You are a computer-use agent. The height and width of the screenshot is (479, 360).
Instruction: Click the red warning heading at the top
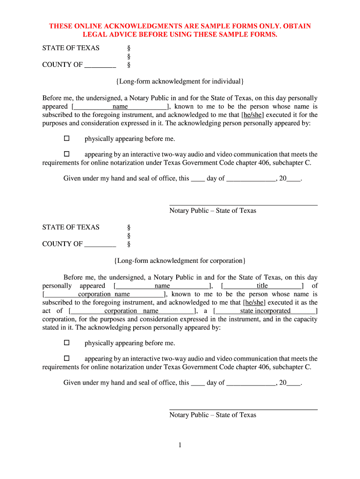[180, 30]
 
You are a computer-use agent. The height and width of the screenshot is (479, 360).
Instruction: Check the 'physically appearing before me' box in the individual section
[66, 138]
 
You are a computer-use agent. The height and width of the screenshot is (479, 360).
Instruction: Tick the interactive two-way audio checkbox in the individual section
[66, 154]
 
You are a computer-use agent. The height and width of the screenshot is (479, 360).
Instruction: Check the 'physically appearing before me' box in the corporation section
[66, 343]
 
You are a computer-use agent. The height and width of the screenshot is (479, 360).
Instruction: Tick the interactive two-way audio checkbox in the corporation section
[66, 358]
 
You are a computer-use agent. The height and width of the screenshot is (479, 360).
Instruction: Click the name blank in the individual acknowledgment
[120, 107]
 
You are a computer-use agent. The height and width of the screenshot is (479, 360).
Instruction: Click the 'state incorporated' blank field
[265, 311]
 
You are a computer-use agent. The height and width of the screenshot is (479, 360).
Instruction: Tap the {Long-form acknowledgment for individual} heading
[180, 82]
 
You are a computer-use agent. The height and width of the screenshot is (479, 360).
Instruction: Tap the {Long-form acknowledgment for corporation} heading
[180, 261]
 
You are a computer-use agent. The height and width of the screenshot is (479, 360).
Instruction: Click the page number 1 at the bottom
[179, 445]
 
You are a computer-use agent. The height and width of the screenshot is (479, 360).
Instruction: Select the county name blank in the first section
[100, 65]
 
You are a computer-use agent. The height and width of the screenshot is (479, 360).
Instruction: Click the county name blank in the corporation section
[100, 244]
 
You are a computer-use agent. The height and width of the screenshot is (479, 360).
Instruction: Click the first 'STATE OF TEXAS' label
[71, 48]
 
